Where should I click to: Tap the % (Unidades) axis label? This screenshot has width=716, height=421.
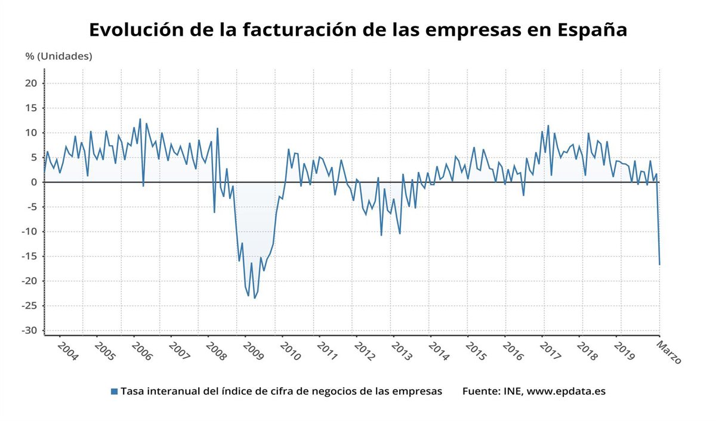coord(58,56)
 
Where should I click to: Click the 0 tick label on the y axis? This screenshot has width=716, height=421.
coord(35,182)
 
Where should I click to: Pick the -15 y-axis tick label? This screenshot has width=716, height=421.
coord(30,256)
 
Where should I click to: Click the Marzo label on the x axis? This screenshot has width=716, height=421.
coord(669,352)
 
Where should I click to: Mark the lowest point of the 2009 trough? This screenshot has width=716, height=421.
coord(255,298)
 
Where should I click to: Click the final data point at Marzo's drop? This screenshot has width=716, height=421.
coord(659,265)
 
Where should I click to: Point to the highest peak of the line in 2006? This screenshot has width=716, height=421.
coord(140,119)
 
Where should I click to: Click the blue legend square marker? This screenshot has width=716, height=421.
coord(114,392)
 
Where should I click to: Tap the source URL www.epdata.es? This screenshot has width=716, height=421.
coord(566,392)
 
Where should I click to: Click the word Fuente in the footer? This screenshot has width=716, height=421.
coord(480,392)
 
